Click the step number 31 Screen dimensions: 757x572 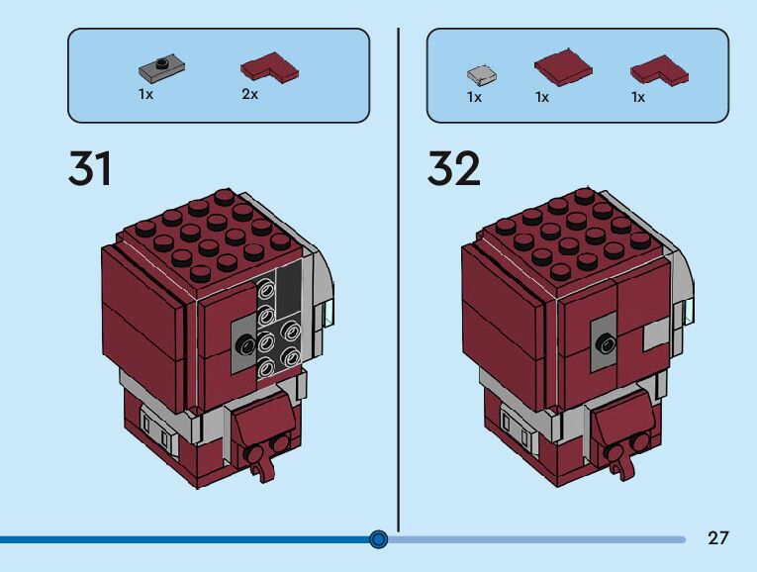[x=90, y=169]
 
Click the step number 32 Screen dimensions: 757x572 [x=453, y=169]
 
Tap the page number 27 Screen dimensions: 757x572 [x=718, y=538]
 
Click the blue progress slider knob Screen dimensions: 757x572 [x=378, y=539]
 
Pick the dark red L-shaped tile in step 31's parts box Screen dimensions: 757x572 [x=269, y=68]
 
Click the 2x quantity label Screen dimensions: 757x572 [x=249, y=95]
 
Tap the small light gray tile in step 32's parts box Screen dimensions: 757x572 [x=481, y=74]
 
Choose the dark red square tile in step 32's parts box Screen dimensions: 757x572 [x=562, y=67]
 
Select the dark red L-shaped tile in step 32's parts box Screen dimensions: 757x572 [x=659, y=69]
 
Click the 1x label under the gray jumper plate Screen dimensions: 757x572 [x=145, y=95]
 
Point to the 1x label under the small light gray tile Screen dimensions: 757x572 [x=474, y=97]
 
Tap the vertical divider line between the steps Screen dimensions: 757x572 [x=398, y=277]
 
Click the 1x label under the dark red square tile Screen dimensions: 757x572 [x=542, y=97]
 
